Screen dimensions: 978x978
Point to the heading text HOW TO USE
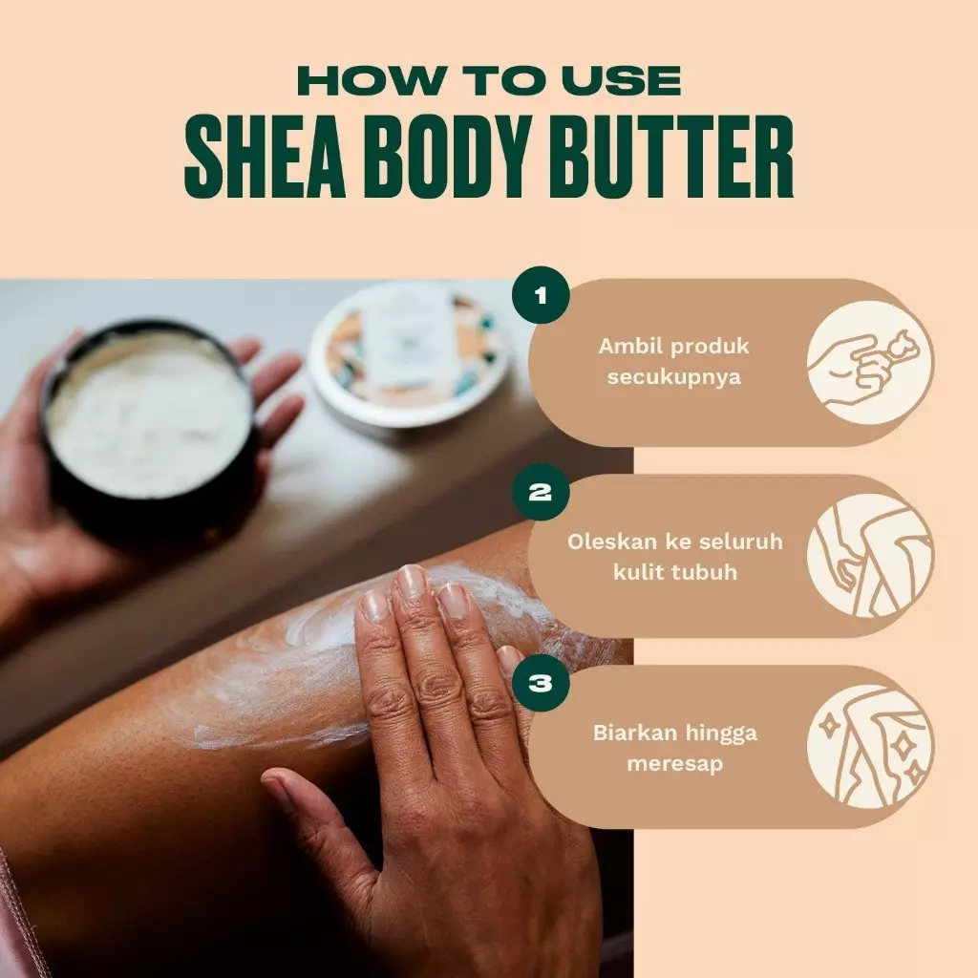pos(488,80)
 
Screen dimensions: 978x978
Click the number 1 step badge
pos(541,294)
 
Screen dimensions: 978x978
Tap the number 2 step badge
pos(541,493)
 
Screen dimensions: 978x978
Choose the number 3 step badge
pos(541,683)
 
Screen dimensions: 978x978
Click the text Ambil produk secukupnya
pos(673,361)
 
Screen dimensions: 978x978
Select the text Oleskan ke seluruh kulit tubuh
pos(674,555)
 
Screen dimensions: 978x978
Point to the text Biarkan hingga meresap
pos(674,749)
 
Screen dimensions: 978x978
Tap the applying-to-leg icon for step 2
pos(870,556)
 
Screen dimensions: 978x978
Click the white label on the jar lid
pos(411,344)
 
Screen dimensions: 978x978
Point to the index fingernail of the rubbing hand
pos(375,606)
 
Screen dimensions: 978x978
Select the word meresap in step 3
pos(674,764)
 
